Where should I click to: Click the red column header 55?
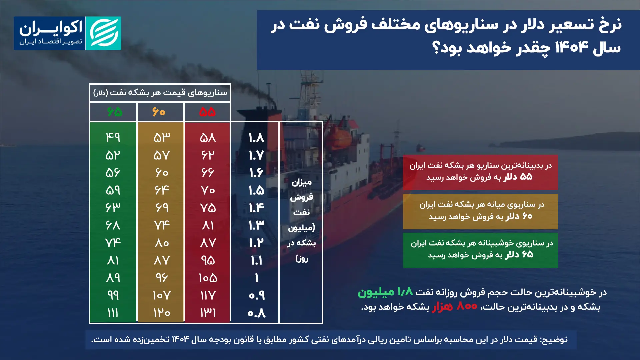coord(207,112)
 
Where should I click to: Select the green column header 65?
coord(114,112)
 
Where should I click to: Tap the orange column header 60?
coord(159,112)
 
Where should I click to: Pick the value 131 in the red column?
coord(208,313)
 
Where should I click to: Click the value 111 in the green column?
coord(113,313)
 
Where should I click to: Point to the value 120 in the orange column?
coord(161,313)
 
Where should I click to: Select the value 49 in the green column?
coord(113,137)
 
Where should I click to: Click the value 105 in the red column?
coord(208,278)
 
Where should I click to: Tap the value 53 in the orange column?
coord(161,137)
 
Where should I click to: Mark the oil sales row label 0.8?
coord(256,313)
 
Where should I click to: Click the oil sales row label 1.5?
coord(256,190)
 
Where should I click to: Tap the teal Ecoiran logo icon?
coord(103,33)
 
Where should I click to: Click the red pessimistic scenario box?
coord(480,172)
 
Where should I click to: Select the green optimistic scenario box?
coord(480,250)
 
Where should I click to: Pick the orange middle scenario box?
coord(480,211)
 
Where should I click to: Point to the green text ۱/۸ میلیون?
coord(385,292)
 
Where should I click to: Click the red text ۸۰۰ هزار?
coord(454,306)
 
